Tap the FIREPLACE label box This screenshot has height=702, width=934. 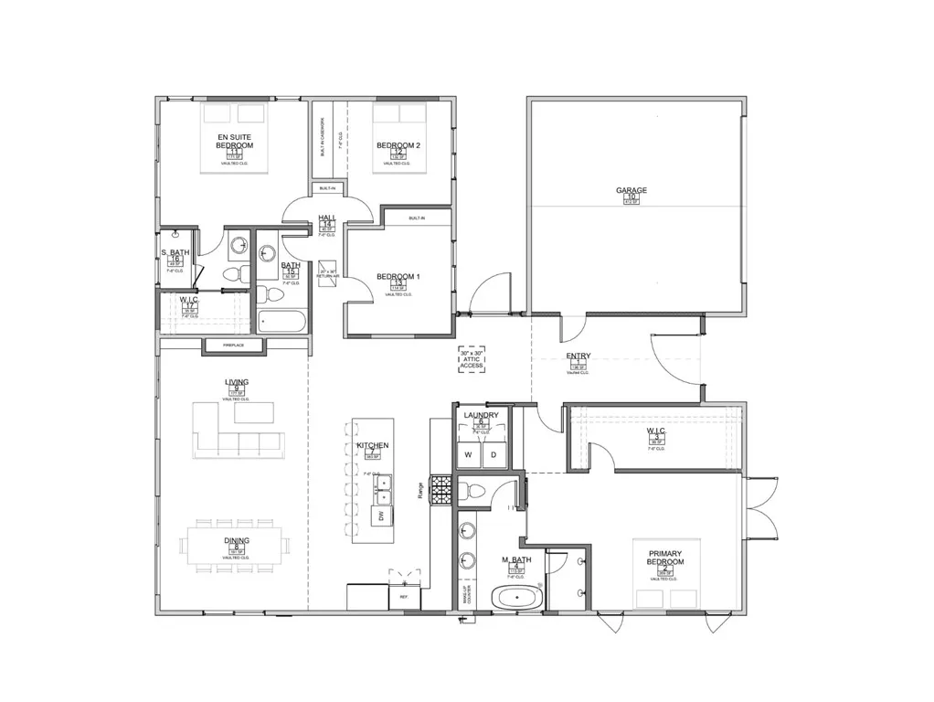233,346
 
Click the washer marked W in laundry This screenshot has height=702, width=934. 468,454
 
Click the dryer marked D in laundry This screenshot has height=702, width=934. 494,454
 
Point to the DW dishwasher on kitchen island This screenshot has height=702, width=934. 379,517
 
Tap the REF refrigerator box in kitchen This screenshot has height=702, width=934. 404,597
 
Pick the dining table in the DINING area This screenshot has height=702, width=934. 236,547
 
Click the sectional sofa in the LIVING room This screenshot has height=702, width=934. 233,434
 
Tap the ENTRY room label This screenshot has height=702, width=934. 578,356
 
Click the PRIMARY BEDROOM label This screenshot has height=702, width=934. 666,558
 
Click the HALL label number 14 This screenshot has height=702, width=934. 327,225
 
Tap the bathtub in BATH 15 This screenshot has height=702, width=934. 282,321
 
